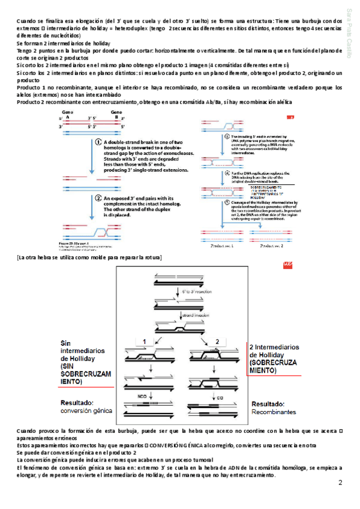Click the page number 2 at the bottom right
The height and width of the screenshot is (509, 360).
(x=340, y=482)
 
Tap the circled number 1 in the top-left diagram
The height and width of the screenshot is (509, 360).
(x=97, y=143)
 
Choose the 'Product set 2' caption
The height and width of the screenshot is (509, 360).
(x=269, y=246)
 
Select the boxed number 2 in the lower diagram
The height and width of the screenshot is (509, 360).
(x=218, y=341)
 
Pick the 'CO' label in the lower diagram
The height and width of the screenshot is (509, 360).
(x=221, y=397)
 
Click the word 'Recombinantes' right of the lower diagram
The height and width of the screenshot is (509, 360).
(x=273, y=413)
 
